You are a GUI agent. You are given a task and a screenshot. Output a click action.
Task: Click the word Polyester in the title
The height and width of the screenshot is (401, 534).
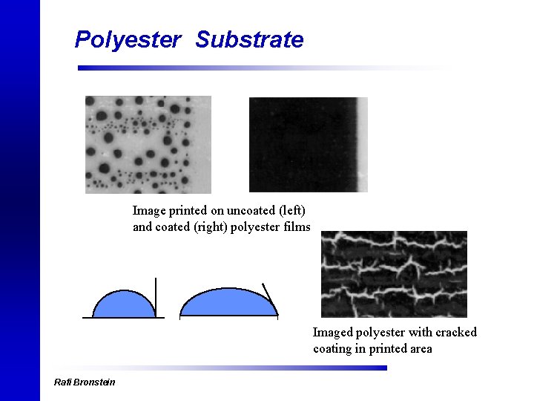tap(128, 39)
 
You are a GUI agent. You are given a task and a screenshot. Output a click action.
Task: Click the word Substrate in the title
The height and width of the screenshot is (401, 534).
tap(249, 39)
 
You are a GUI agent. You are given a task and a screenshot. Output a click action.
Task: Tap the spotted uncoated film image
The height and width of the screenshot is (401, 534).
tap(148, 144)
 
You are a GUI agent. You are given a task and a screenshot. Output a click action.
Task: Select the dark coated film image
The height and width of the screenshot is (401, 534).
tap(303, 144)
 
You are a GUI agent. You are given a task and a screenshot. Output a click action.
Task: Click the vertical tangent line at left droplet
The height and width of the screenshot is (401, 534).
tap(156, 294)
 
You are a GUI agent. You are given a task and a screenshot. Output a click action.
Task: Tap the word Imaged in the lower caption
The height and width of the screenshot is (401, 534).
tap(332, 332)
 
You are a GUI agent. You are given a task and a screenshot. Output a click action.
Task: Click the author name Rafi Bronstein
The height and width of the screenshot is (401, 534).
tap(85, 382)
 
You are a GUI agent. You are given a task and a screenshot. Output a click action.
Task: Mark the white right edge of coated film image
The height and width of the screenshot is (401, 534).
tap(363, 144)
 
